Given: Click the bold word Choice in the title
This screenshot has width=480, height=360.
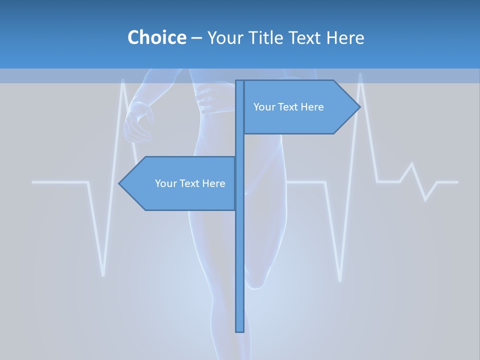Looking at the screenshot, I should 156,37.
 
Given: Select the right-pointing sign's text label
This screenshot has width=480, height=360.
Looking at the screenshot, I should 288,107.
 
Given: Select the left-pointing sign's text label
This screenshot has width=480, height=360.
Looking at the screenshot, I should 190,183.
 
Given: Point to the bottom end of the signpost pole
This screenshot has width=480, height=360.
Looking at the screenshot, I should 240,330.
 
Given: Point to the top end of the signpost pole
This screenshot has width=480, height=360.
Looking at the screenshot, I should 240,81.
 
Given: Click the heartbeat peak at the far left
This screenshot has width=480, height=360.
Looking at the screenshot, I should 123,80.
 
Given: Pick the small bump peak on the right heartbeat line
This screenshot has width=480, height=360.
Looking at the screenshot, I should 411,163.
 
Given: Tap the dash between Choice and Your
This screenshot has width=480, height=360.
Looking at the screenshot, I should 196,38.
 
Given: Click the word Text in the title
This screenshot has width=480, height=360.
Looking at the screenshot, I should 304,37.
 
